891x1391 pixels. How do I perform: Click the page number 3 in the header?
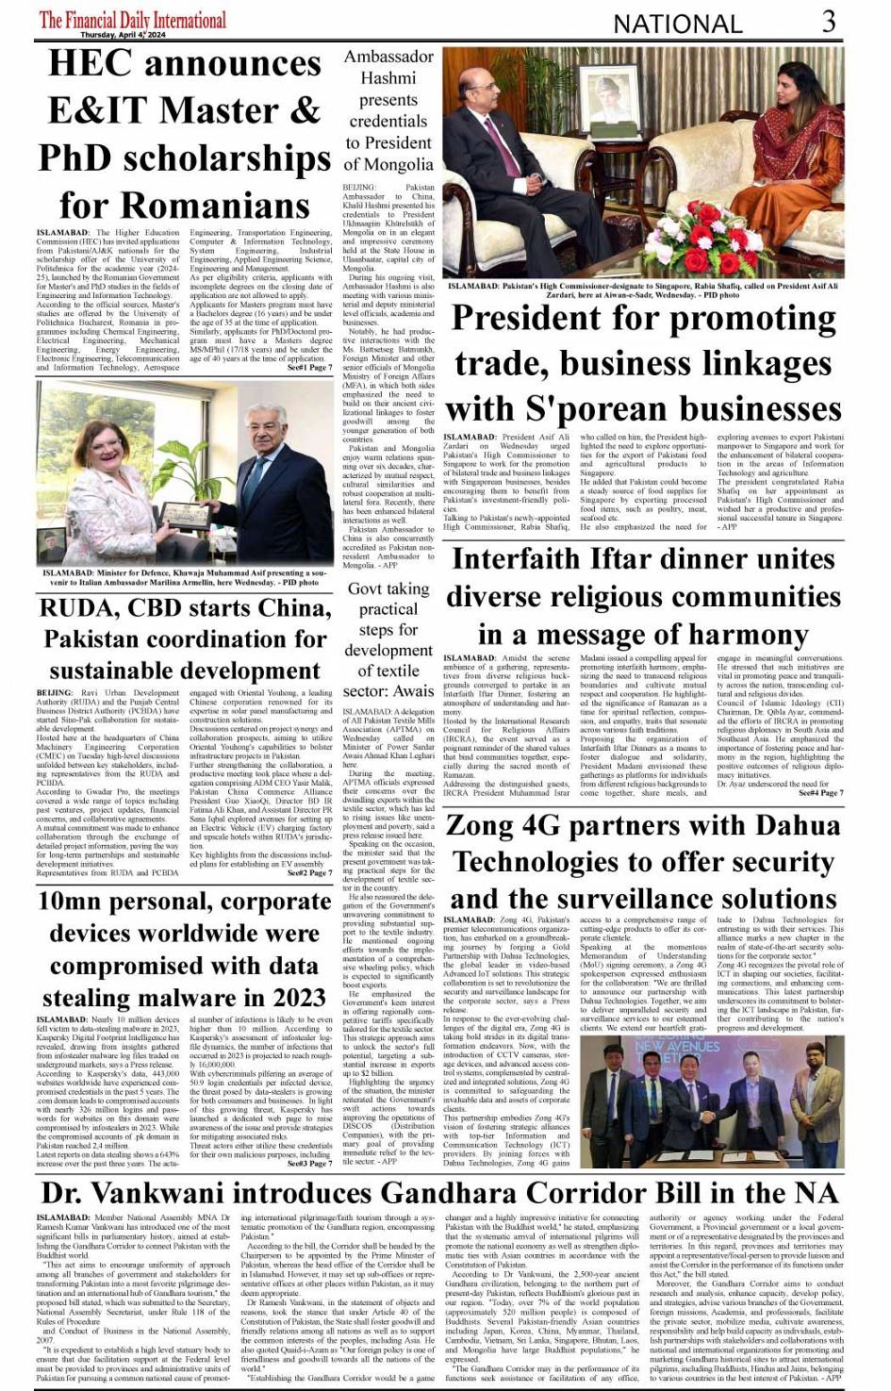click(x=828, y=21)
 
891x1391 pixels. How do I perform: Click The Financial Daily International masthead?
click(x=133, y=19)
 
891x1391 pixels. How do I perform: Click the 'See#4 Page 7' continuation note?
click(x=820, y=793)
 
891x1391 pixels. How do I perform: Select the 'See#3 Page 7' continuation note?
click(x=309, y=1164)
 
